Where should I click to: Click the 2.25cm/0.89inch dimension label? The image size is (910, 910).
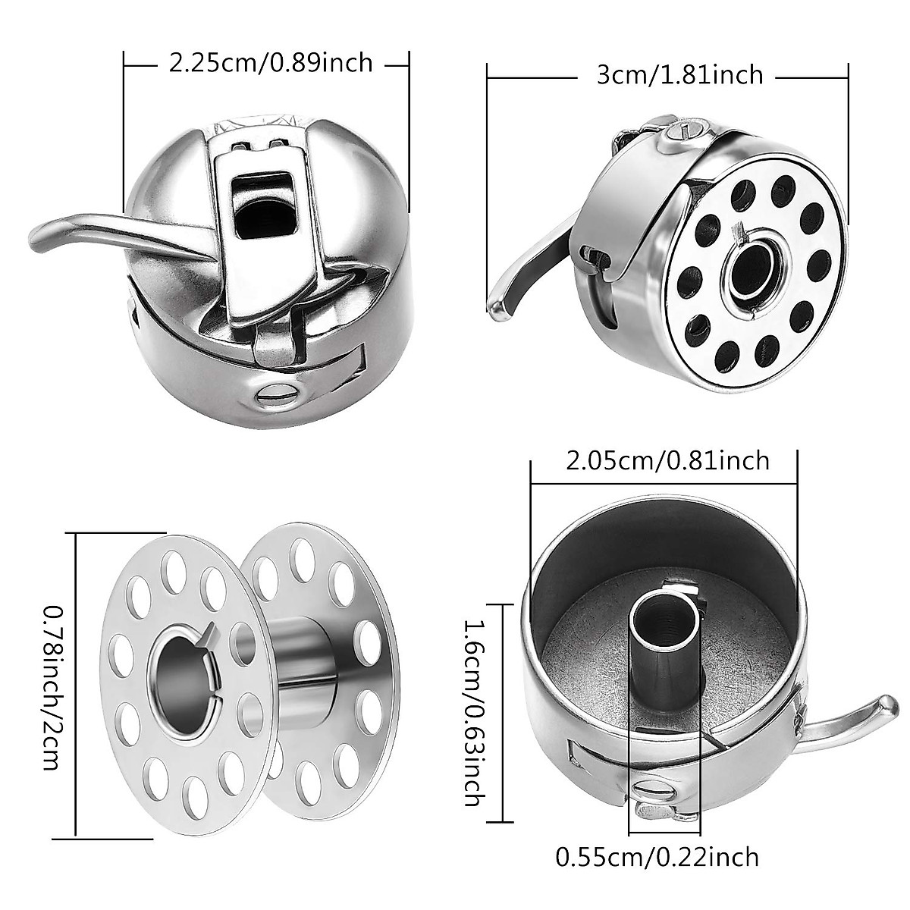269,62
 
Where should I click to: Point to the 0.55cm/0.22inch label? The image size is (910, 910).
657,858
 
